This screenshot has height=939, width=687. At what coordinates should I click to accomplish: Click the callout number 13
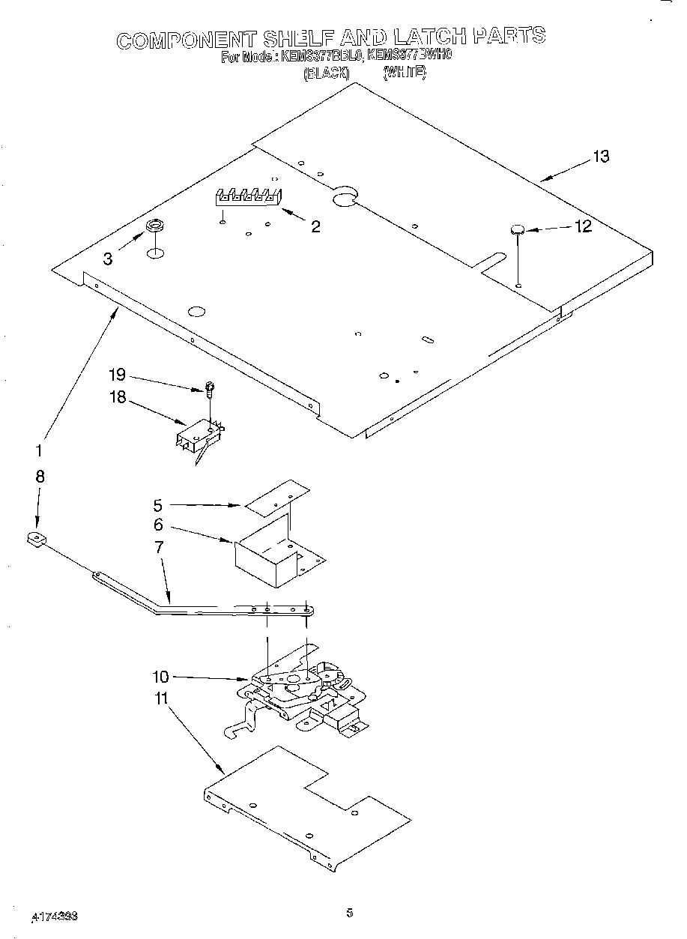point(601,157)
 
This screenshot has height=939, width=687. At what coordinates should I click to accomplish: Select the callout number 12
point(583,226)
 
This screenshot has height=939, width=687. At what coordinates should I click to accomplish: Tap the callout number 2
point(315,226)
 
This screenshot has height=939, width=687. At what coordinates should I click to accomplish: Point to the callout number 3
point(108,259)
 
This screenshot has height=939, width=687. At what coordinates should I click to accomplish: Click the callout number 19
point(117,375)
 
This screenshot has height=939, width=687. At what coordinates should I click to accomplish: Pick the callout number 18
point(117,398)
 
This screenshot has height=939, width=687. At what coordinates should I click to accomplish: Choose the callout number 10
point(160,676)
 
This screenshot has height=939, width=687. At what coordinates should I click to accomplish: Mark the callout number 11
point(160,698)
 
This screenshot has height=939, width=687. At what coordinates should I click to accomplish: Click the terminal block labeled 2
point(248,197)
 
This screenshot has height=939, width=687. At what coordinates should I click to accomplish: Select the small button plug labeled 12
point(516,229)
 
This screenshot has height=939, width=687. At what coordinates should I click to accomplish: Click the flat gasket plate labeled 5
point(276,498)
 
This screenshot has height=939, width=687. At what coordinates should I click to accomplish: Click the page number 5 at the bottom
point(349,913)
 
